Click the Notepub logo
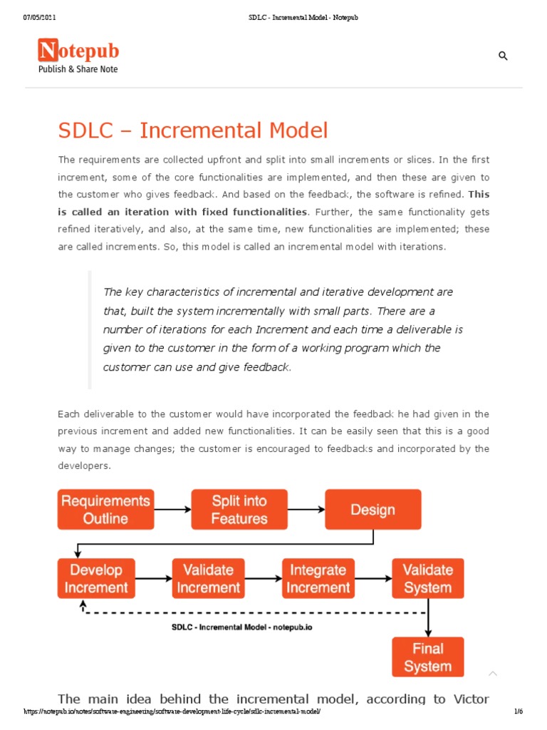click(x=78, y=56)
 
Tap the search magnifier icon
click(x=503, y=56)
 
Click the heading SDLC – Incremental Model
click(x=192, y=130)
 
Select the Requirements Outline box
click(x=105, y=509)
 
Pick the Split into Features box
click(x=239, y=509)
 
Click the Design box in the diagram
click(x=373, y=509)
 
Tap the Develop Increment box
click(x=96, y=578)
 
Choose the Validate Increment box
click(x=208, y=578)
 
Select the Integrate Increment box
click(x=318, y=578)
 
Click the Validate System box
click(x=427, y=578)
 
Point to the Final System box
click(x=427, y=657)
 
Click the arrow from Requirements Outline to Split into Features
click(x=172, y=509)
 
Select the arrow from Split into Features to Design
click(x=306, y=509)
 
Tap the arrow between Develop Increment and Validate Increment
click(x=154, y=578)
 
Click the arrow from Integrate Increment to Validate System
click(x=373, y=578)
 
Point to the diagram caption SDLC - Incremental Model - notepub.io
click(x=242, y=627)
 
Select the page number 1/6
click(x=518, y=712)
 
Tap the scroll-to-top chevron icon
click(x=492, y=674)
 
